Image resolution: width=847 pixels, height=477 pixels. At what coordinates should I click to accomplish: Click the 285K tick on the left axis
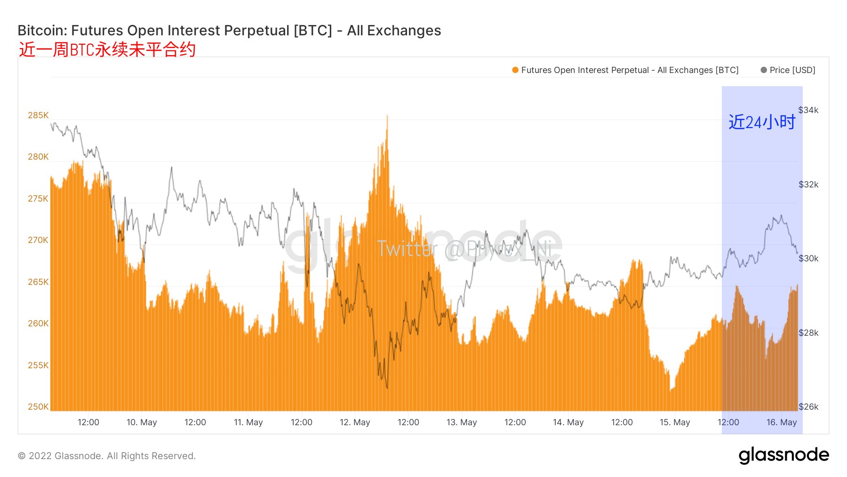click(x=38, y=115)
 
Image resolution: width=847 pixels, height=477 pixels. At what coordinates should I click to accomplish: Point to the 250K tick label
click(x=38, y=407)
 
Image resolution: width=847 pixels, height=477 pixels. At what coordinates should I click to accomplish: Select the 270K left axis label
click(x=38, y=240)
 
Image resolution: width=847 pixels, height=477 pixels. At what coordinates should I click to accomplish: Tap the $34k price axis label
click(x=808, y=110)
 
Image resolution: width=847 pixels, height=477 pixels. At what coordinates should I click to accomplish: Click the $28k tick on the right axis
click(x=808, y=333)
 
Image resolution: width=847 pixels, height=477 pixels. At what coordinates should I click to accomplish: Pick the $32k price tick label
click(x=808, y=185)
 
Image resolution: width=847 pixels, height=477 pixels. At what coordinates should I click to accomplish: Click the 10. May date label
click(x=142, y=422)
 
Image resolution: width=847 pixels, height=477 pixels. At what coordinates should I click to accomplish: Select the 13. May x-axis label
click(x=462, y=422)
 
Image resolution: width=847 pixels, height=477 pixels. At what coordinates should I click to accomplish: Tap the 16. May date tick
click(x=782, y=422)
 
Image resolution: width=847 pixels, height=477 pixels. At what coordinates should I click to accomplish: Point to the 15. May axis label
click(x=675, y=422)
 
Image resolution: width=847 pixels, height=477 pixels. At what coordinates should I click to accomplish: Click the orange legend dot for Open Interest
click(x=515, y=70)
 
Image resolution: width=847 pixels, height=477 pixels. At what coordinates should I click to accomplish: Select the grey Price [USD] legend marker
click(x=764, y=70)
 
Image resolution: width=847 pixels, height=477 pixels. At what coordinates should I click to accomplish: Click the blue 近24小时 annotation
click(x=762, y=122)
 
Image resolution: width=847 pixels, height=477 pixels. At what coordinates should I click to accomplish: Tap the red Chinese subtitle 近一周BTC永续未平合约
click(x=107, y=49)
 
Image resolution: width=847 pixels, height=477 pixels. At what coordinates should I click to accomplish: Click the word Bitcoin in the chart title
click(x=42, y=31)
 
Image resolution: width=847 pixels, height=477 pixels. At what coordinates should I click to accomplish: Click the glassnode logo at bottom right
click(x=783, y=455)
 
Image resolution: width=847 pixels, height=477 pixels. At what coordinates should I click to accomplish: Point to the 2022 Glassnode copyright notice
click(x=107, y=456)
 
